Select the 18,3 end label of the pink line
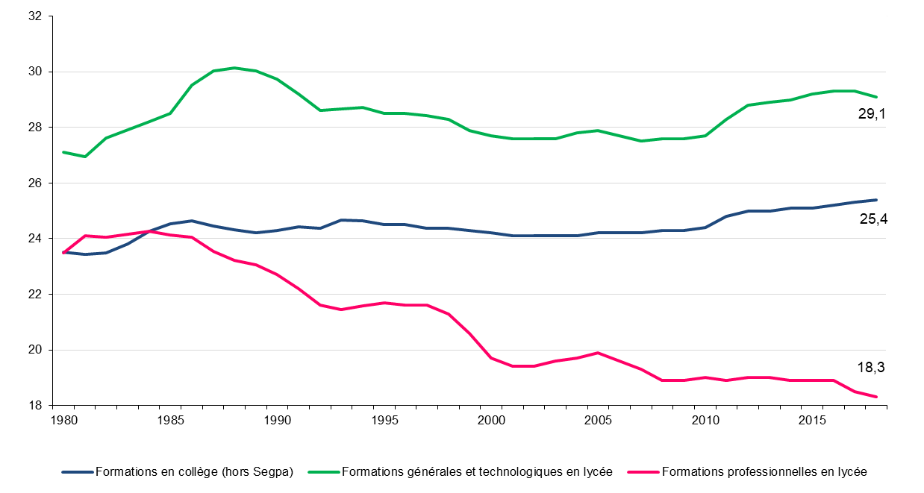(x=870, y=366)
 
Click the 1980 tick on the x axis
(x=63, y=421)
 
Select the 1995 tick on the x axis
(x=384, y=421)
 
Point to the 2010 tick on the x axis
(x=705, y=421)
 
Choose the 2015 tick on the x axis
(x=812, y=421)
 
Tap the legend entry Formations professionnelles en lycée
(x=764, y=472)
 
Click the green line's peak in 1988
(x=234, y=68)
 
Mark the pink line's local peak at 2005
(x=598, y=353)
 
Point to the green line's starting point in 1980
(x=63, y=152)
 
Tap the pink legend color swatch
(x=644, y=472)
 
